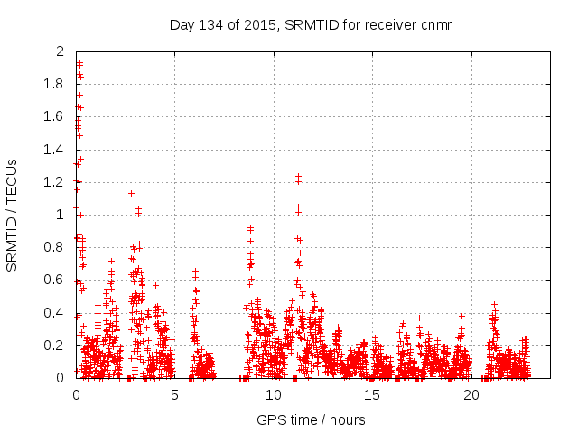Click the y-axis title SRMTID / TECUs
tap(12, 215)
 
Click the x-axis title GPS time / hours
tap(311, 419)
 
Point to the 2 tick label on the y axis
tap(61, 51)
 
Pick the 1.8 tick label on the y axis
tap(55, 84)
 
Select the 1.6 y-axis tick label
tap(55, 116)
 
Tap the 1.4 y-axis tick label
tap(55, 150)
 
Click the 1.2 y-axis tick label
tap(55, 182)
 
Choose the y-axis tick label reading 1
tap(61, 215)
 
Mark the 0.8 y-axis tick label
tap(55, 247)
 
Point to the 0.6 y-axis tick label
tap(55, 281)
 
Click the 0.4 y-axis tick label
tap(55, 313)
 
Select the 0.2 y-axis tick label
tap(55, 345)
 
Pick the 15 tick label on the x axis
tap(371, 395)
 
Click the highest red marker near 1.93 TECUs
tap(79, 63)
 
